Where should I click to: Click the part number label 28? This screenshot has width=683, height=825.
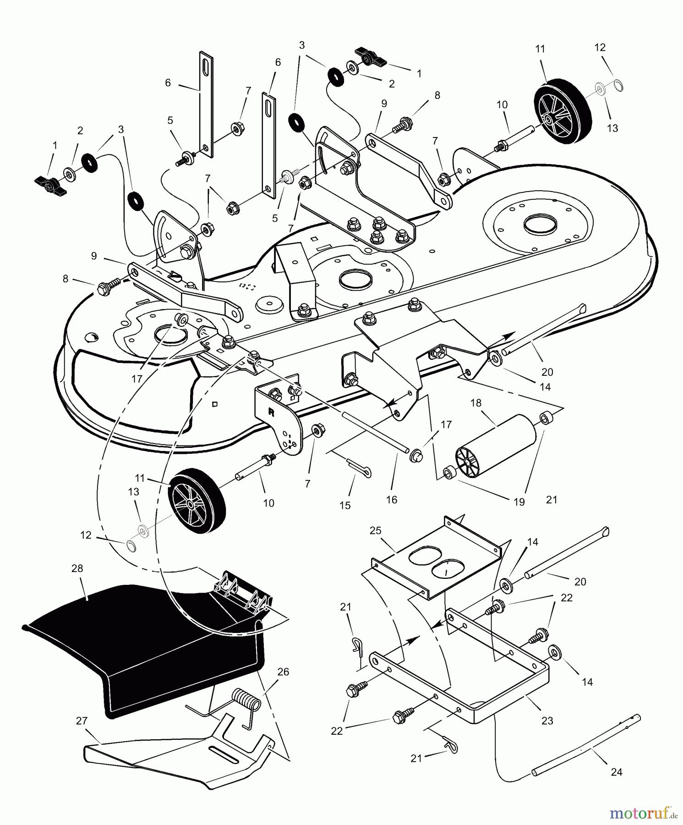coord(77,568)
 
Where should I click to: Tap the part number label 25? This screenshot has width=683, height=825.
coord(376,530)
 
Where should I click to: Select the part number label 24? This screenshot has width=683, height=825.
coord(617,772)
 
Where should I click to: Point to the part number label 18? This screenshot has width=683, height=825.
coord(476,403)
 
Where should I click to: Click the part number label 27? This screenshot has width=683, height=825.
coord(82,721)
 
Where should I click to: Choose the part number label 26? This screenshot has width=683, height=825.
coord(284,671)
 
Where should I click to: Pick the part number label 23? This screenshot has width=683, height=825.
coord(547,720)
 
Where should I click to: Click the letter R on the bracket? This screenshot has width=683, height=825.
coord(271,412)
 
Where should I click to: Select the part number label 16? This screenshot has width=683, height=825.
coord(391,500)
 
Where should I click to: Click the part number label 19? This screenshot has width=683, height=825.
coord(519,502)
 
